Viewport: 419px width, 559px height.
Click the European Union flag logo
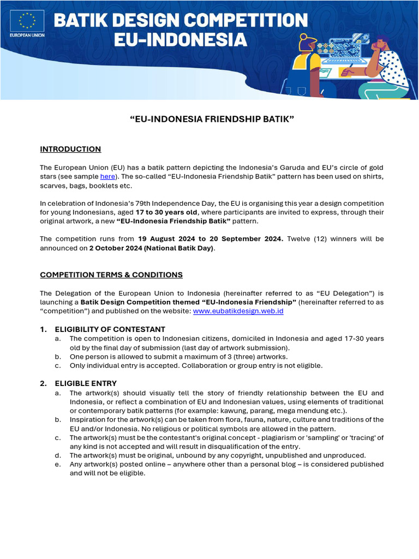(26, 21)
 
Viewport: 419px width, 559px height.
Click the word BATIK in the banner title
(81, 21)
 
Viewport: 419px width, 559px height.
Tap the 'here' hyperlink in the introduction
(107, 177)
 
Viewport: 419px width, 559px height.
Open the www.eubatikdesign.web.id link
(238, 311)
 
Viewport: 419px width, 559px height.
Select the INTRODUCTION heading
(70, 149)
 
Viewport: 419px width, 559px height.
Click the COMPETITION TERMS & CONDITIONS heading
(111, 275)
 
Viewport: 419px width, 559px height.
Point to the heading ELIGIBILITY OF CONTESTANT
(110, 329)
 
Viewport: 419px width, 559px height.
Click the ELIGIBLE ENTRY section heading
(86, 383)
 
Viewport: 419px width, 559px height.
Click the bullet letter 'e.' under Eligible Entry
(58, 464)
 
